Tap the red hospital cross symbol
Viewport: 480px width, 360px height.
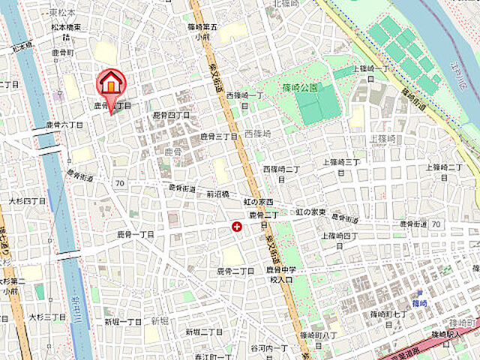[237, 226]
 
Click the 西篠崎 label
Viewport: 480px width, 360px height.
[257, 133]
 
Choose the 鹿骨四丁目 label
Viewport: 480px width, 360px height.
[171, 115]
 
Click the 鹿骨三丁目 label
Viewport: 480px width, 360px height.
[218, 136]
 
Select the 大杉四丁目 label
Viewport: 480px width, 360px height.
[28, 202]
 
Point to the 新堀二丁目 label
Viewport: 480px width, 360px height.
[204, 331]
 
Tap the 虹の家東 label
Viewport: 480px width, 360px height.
[310, 213]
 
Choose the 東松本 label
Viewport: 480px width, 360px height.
[64, 13]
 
